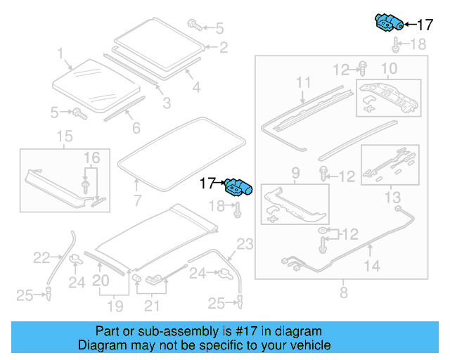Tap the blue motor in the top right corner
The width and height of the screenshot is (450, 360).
coord(388,23)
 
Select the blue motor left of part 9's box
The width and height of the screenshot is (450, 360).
coord(238,187)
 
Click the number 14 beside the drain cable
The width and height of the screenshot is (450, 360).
coord(371,266)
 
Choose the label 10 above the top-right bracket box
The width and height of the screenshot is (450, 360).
coord(389,68)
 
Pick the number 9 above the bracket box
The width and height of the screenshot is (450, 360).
coord(295,172)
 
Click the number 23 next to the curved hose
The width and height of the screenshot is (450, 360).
coord(244,245)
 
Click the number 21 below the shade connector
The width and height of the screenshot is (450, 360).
coord(152,306)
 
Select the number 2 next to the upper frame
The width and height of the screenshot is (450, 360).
coord(224,48)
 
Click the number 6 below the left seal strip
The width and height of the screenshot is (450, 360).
coord(136,128)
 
